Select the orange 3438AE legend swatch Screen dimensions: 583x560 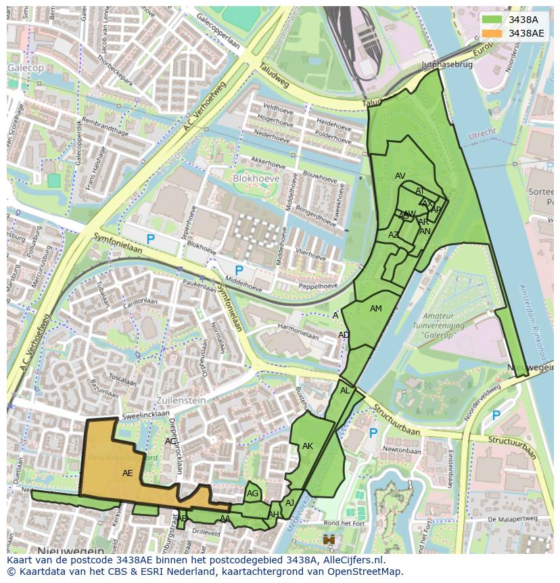(492, 33)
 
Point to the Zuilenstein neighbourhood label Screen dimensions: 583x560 (181, 400)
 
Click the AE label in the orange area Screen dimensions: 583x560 (127, 473)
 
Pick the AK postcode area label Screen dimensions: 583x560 (308, 446)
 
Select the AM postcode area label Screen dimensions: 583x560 (376, 309)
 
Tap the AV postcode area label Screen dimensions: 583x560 (400, 176)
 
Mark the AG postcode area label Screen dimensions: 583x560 (252, 494)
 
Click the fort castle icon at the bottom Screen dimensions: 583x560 (329, 540)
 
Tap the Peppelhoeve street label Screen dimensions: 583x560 (318, 286)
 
